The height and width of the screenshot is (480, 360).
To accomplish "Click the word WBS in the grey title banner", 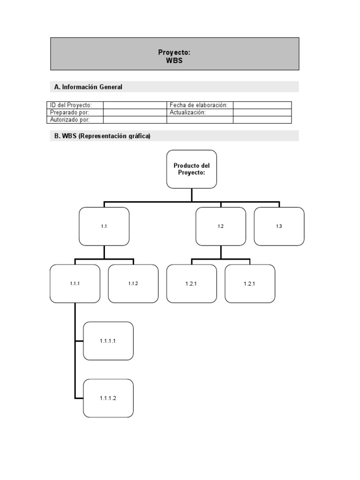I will (x=174, y=60).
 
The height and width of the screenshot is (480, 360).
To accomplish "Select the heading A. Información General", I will (x=88, y=87).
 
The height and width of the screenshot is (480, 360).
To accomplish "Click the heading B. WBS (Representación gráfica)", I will (x=102, y=136).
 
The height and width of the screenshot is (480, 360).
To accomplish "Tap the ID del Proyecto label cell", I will (x=75, y=105).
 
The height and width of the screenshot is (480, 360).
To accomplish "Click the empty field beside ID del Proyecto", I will (x=135, y=105).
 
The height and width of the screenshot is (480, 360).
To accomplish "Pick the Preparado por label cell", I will (x=75, y=112).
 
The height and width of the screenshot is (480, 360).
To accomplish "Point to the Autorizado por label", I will (x=75, y=120).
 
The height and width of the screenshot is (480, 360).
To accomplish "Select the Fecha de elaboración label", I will (x=199, y=105).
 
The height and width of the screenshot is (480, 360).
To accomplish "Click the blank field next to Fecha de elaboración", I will (x=262, y=105).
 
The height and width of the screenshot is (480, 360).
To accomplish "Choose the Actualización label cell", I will (x=199, y=112).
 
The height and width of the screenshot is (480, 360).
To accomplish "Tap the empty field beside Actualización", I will (x=262, y=112).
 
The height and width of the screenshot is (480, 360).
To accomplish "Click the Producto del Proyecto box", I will (x=192, y=169).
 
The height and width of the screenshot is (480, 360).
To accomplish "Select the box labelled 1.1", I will (x=104, y=226).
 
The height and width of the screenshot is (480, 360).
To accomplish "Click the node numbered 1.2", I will (x=220, y=226).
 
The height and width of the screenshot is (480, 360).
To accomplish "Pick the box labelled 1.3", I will (x=279, y=226).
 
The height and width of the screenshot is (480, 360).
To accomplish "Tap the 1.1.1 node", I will (x=75, y=284).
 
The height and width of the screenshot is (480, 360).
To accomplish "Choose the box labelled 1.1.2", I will (x=133, y=284).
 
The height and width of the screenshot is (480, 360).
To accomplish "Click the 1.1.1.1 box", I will (x=108, y=341).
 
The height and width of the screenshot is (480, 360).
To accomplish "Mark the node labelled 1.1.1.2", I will (x=108, y=398).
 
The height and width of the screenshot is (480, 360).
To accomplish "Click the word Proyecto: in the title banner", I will (x=174, y=52).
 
